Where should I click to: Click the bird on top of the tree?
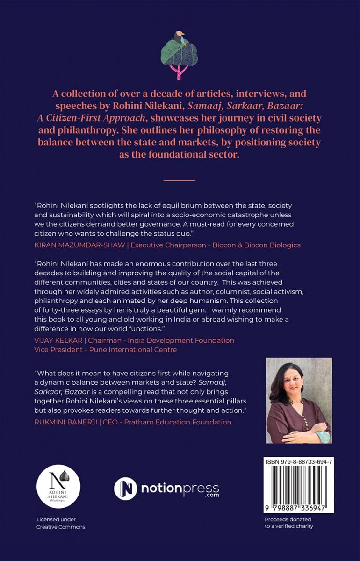[179, 37]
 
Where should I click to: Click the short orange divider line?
[180, 180]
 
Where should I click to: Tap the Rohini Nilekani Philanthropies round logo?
[58, 487]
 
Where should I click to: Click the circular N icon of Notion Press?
[125, 489]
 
